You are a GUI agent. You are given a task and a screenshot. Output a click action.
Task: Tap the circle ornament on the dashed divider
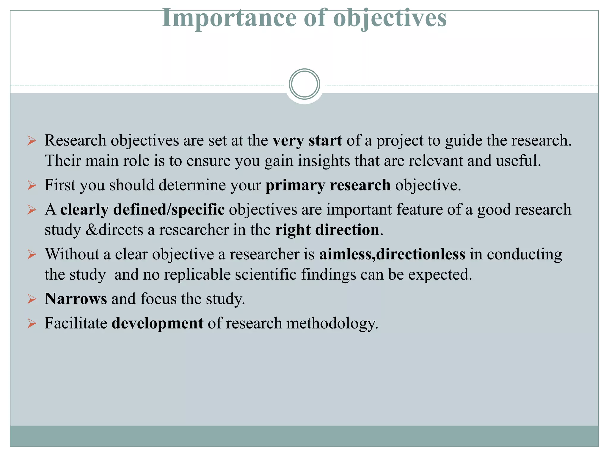304,84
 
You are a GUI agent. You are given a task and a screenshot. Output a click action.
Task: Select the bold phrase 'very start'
307,140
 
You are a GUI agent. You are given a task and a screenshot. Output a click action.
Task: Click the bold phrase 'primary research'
328,185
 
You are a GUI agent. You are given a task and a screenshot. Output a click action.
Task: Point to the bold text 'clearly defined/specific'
142,209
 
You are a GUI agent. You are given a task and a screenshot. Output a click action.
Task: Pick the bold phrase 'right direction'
327,230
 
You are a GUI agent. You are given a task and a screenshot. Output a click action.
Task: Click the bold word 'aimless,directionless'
392,254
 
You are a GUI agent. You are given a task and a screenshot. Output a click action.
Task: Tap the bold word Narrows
76,299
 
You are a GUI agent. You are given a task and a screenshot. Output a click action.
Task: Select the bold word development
157,323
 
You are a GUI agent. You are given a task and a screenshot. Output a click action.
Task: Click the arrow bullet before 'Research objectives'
32,140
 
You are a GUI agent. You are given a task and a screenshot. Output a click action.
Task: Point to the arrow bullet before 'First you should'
32,185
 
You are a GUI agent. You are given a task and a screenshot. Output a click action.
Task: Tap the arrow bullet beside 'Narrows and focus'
32,299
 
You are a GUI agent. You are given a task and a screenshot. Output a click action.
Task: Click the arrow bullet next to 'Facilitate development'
32,323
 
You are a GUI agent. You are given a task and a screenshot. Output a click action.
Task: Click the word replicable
197,274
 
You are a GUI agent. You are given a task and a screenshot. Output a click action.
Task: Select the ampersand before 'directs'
92,230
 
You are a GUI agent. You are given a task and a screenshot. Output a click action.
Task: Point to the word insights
324,161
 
